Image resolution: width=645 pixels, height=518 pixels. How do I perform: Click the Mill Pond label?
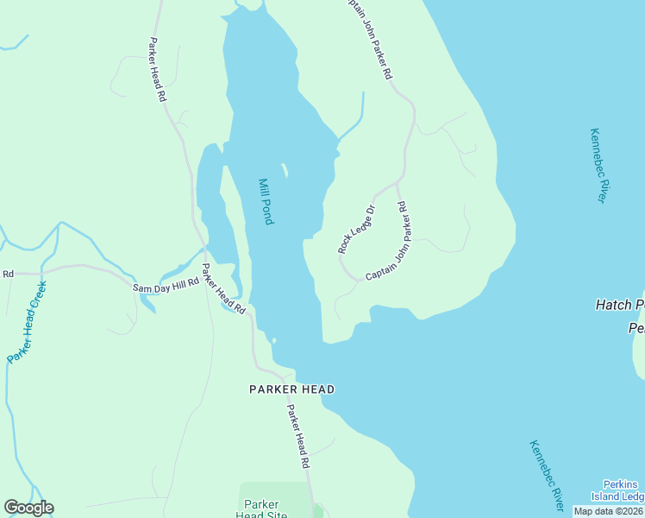[266, 201]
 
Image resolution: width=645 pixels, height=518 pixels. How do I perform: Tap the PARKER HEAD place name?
[291, 389]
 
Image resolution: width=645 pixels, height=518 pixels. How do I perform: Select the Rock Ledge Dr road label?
[357, 229]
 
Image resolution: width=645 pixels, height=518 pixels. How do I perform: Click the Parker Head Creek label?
[26, 320]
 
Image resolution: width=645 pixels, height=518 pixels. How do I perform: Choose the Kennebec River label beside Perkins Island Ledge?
[547, 473]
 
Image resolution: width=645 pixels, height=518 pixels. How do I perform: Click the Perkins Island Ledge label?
[617, 490]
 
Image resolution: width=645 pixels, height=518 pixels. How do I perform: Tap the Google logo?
[28, 508]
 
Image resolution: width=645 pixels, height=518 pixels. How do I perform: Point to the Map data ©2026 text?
[608, 511]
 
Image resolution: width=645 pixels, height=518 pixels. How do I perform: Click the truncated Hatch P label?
[620, 305]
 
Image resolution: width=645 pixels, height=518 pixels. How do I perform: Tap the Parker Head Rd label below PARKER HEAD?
[298, 436]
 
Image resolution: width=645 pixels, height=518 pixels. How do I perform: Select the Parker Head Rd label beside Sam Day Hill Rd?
[223, 288]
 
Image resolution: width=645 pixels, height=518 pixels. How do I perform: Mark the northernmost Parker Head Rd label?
[157, 70]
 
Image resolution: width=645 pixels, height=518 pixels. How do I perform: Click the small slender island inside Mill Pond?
[284, 169]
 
